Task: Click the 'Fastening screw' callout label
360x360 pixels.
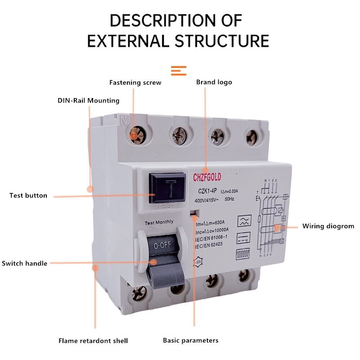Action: (135, 82)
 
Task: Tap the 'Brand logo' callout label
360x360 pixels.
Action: (214, 82)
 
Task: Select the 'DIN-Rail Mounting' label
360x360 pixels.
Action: (88, 100)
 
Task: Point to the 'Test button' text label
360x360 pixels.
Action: (28, 196)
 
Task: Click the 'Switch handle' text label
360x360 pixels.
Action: (25, 263)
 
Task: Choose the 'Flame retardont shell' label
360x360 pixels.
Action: (93, 341)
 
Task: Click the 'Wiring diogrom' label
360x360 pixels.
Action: (328, 226)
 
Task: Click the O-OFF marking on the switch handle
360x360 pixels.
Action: (161, 246)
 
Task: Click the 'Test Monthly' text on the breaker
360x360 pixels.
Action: (158, 223)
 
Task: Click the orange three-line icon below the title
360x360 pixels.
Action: (179, 70)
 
